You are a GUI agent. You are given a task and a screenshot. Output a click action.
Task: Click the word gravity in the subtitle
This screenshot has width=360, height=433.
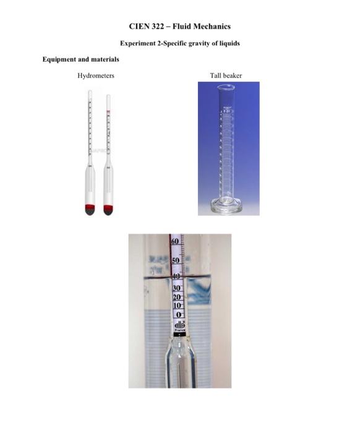194,43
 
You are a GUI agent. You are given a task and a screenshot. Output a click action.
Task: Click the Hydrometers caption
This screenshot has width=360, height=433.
95,75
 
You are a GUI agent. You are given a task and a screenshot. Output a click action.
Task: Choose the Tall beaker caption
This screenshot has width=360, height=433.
226,75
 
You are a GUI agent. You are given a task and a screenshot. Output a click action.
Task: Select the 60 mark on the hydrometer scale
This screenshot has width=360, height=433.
175,240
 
